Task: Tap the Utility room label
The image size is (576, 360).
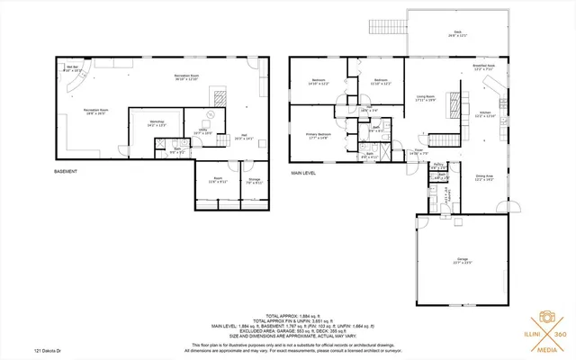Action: click(x=205, y=131)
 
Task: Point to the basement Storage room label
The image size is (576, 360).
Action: click(x=254, y=181)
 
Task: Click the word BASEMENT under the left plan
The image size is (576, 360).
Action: click(x=66, y=171)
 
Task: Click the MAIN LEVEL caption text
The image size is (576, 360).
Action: click(x=303, y=171)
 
